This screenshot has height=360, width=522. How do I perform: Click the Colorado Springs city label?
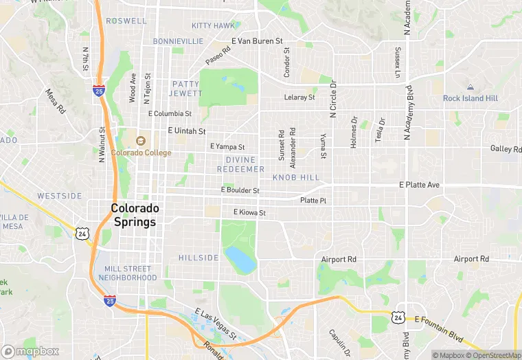pyautogui.click(x=135, y=215)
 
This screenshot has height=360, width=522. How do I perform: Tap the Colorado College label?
pyautogui.click(x=141, y=153)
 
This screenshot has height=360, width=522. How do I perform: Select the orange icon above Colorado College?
pyautogui.click(x=141, y=141)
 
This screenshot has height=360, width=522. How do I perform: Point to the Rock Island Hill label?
pyautogui.click(x=470, y=98)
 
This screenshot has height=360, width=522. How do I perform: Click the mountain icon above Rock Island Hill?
pyautogui.click(x=470, y=87)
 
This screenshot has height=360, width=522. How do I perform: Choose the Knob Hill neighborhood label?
pyautogui.click(x=296, y=177)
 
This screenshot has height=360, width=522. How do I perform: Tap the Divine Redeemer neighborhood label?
pyautogui.click(x=240, y=164)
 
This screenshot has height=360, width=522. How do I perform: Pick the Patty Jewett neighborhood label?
pyautogui.click(x=187, y=89)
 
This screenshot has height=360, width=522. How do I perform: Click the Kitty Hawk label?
pyautogui.click(x=213, y=25)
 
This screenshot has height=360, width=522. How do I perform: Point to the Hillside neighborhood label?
pyautogui.click(x=198, y=258)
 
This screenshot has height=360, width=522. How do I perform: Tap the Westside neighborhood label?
pyautogui.click(x=60, y=196)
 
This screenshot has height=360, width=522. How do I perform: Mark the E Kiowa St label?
pyautogui.click(x=249, y=212)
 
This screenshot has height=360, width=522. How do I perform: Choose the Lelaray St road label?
pyautogui.click(x=299, y=97)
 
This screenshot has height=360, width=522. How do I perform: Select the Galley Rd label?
pyautogui.click(x=506, y=148)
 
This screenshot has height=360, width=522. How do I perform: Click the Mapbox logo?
pyautogui.click(x=31, y=351)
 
